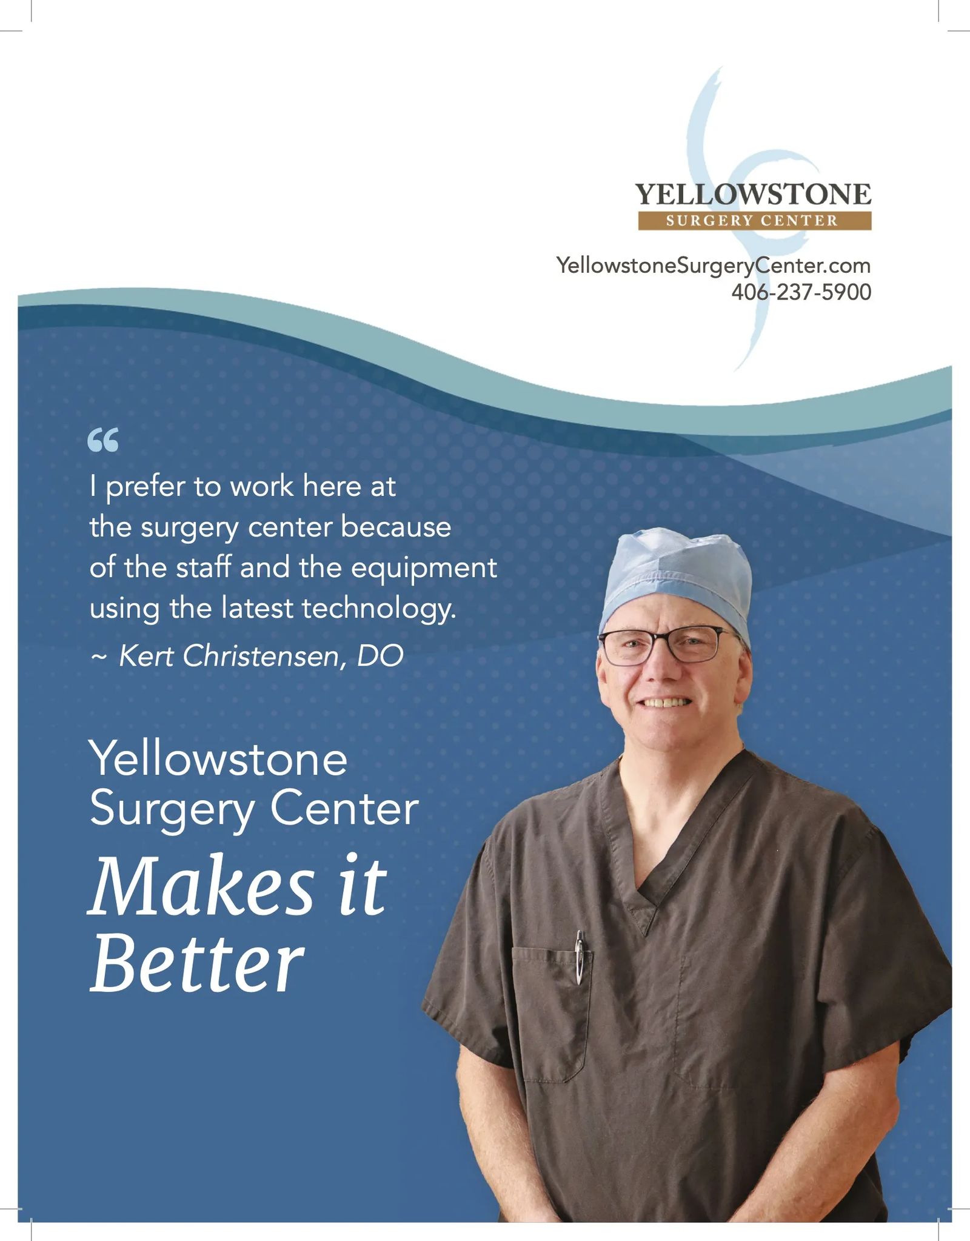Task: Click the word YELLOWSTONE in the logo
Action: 754,194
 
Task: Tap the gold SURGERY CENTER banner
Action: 755,221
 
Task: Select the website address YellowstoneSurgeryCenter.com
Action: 714,266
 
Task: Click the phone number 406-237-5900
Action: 801,292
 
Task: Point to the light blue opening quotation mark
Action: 103,440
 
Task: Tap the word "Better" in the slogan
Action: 197,963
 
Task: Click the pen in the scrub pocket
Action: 580,957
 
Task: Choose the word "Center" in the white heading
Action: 344,809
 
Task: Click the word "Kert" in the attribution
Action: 147,655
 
